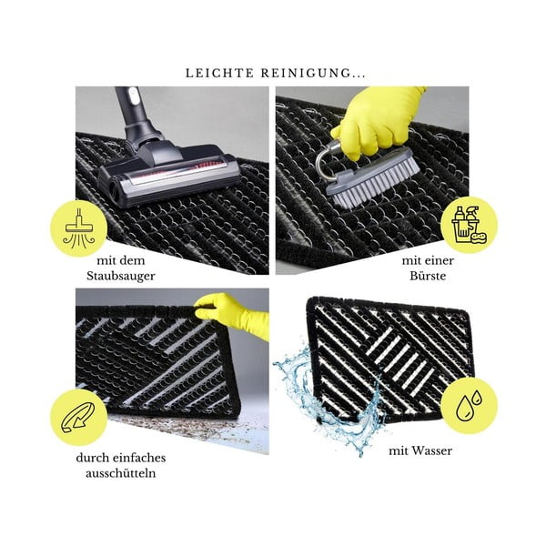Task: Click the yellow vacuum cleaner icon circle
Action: coord(79,228)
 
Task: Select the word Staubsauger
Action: coord(121,276)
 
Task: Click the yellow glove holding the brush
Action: coord(378,120)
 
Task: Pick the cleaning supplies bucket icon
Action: coord(469,225)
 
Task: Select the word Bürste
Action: coord(428,276)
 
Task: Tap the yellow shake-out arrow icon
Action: coord(78,417)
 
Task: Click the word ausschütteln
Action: coord(120,473)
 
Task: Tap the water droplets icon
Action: coord(469,405)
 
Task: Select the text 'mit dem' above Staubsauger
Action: coord(121,260)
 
